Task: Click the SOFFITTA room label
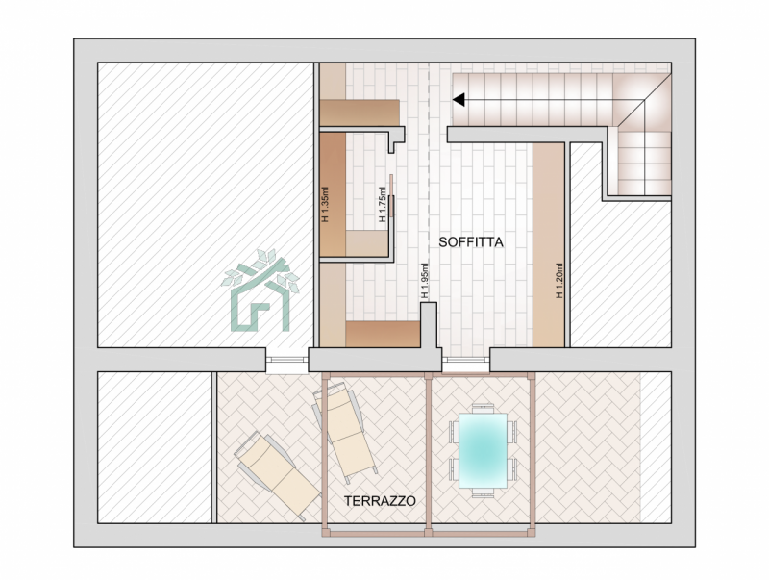[471, 242]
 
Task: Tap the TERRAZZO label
[380, 501]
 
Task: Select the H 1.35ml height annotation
[325, 204]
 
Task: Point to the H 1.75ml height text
[383, 204]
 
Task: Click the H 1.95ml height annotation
[425, 281]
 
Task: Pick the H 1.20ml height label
[558, 281]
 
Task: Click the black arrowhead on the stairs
[459, 100]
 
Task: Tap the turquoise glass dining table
[483, 451]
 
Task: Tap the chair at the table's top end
[483, 408]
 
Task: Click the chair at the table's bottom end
[483, 493]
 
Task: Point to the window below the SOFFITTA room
[466, 360]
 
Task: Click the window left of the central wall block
[286, 360]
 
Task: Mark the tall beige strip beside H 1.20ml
[548, 245]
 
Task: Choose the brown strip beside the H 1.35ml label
[333, 194]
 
